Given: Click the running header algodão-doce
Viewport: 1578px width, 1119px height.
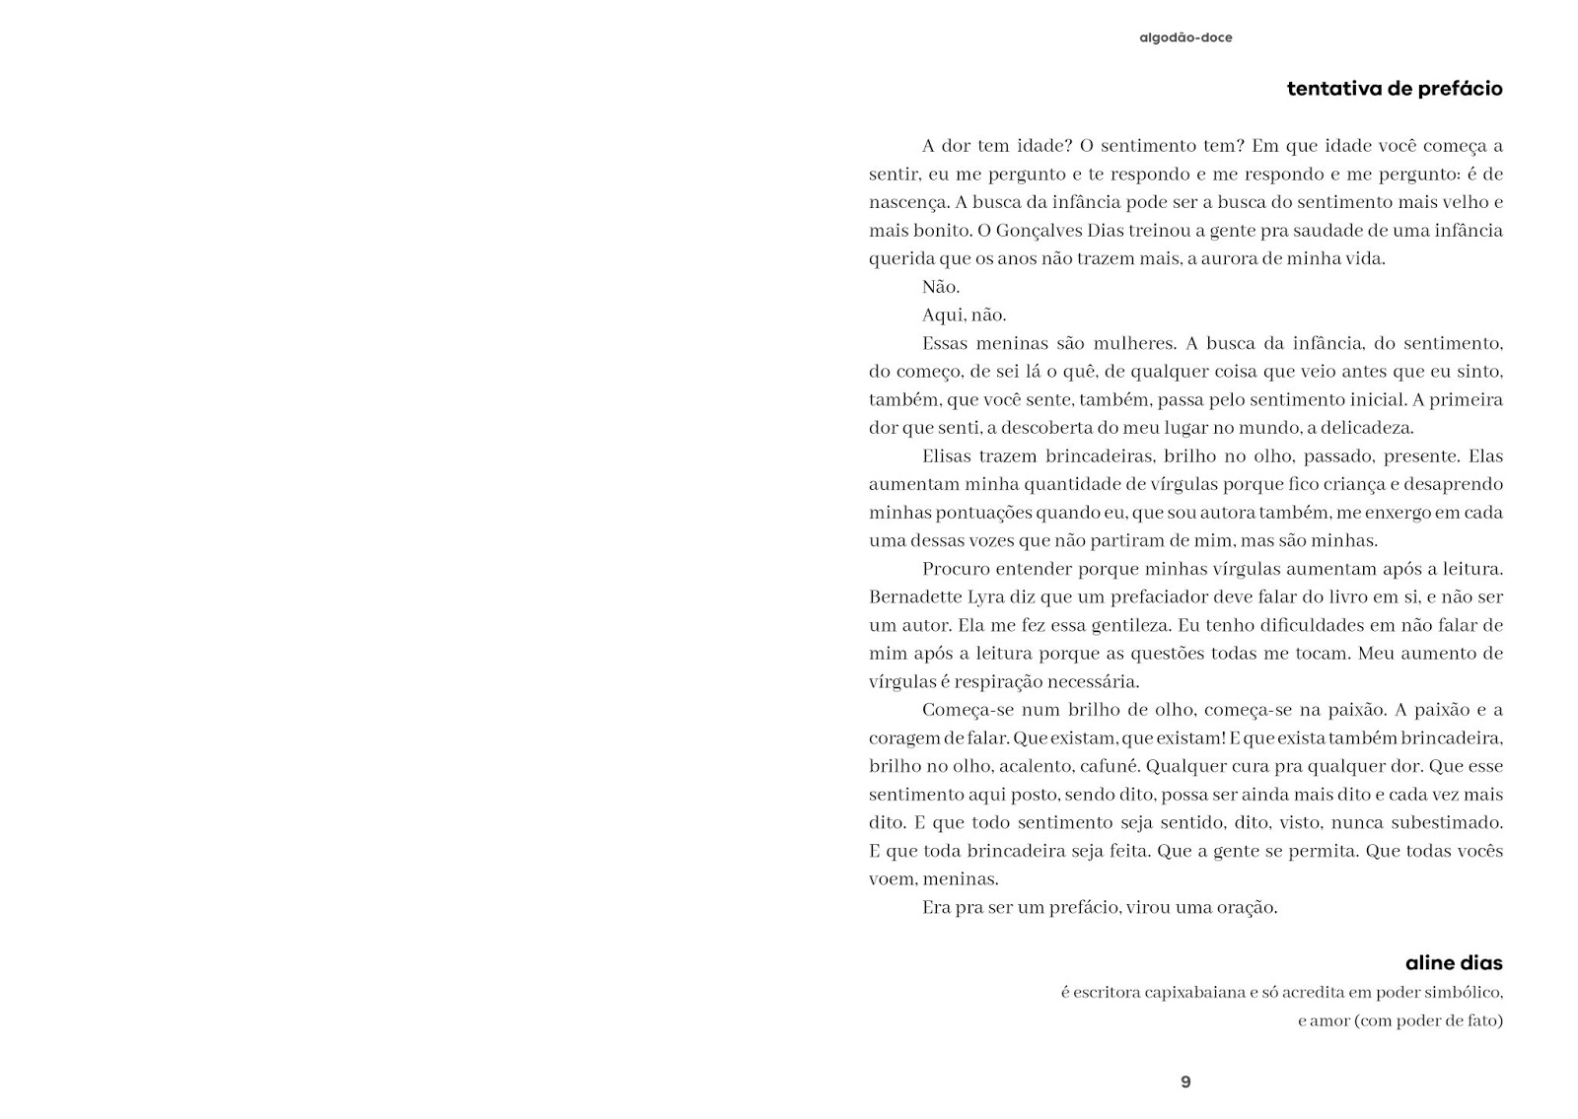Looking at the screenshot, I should click(x=1185, y=38).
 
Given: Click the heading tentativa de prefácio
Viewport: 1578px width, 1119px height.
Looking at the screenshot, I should click(x=1395, y=89).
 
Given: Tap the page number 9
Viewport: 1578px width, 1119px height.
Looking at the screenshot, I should click(x=1185, y=1082).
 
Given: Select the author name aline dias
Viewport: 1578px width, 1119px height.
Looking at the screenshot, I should click(x=1454, y=962).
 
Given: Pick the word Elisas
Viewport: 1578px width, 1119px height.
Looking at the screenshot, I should click(x=948, y=456).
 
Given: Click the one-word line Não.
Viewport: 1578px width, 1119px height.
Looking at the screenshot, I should click(x=940, y=287).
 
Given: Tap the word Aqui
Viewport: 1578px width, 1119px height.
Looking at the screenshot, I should click(x=942, y=315).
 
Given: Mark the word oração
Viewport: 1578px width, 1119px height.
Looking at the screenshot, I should click(x=1247, y=907).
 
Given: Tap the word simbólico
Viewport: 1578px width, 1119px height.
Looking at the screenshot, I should click(x=1465, y=992).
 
